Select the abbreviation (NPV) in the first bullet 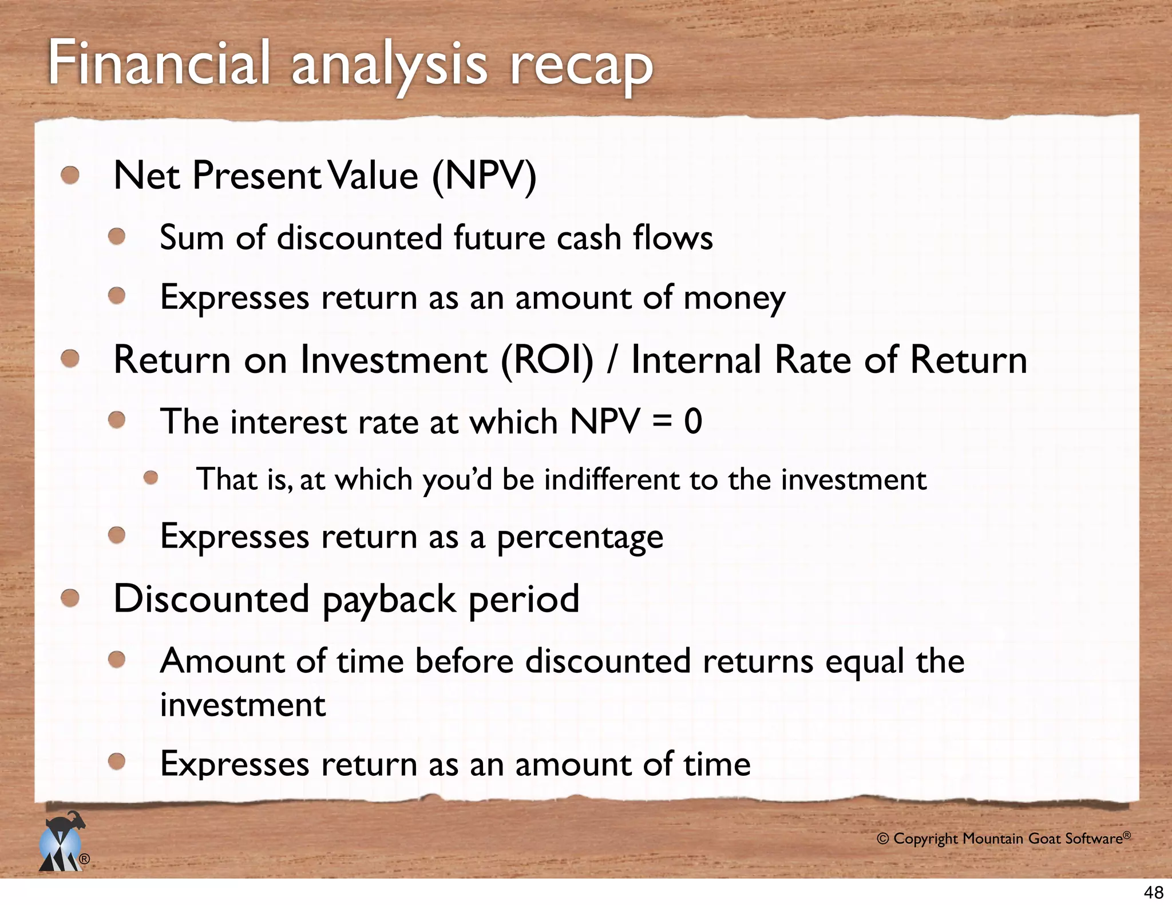[x=484, y=176]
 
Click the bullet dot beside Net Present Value [x=70, y=175]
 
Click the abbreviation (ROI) [x=547, y=360]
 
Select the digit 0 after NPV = [x=692, y=422]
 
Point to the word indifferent [x=611, y=479]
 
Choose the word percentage [x=580, y=538]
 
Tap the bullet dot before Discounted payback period [x=70, y=598]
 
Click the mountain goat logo [x=62, y=842]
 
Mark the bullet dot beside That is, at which [x=151, y=478]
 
